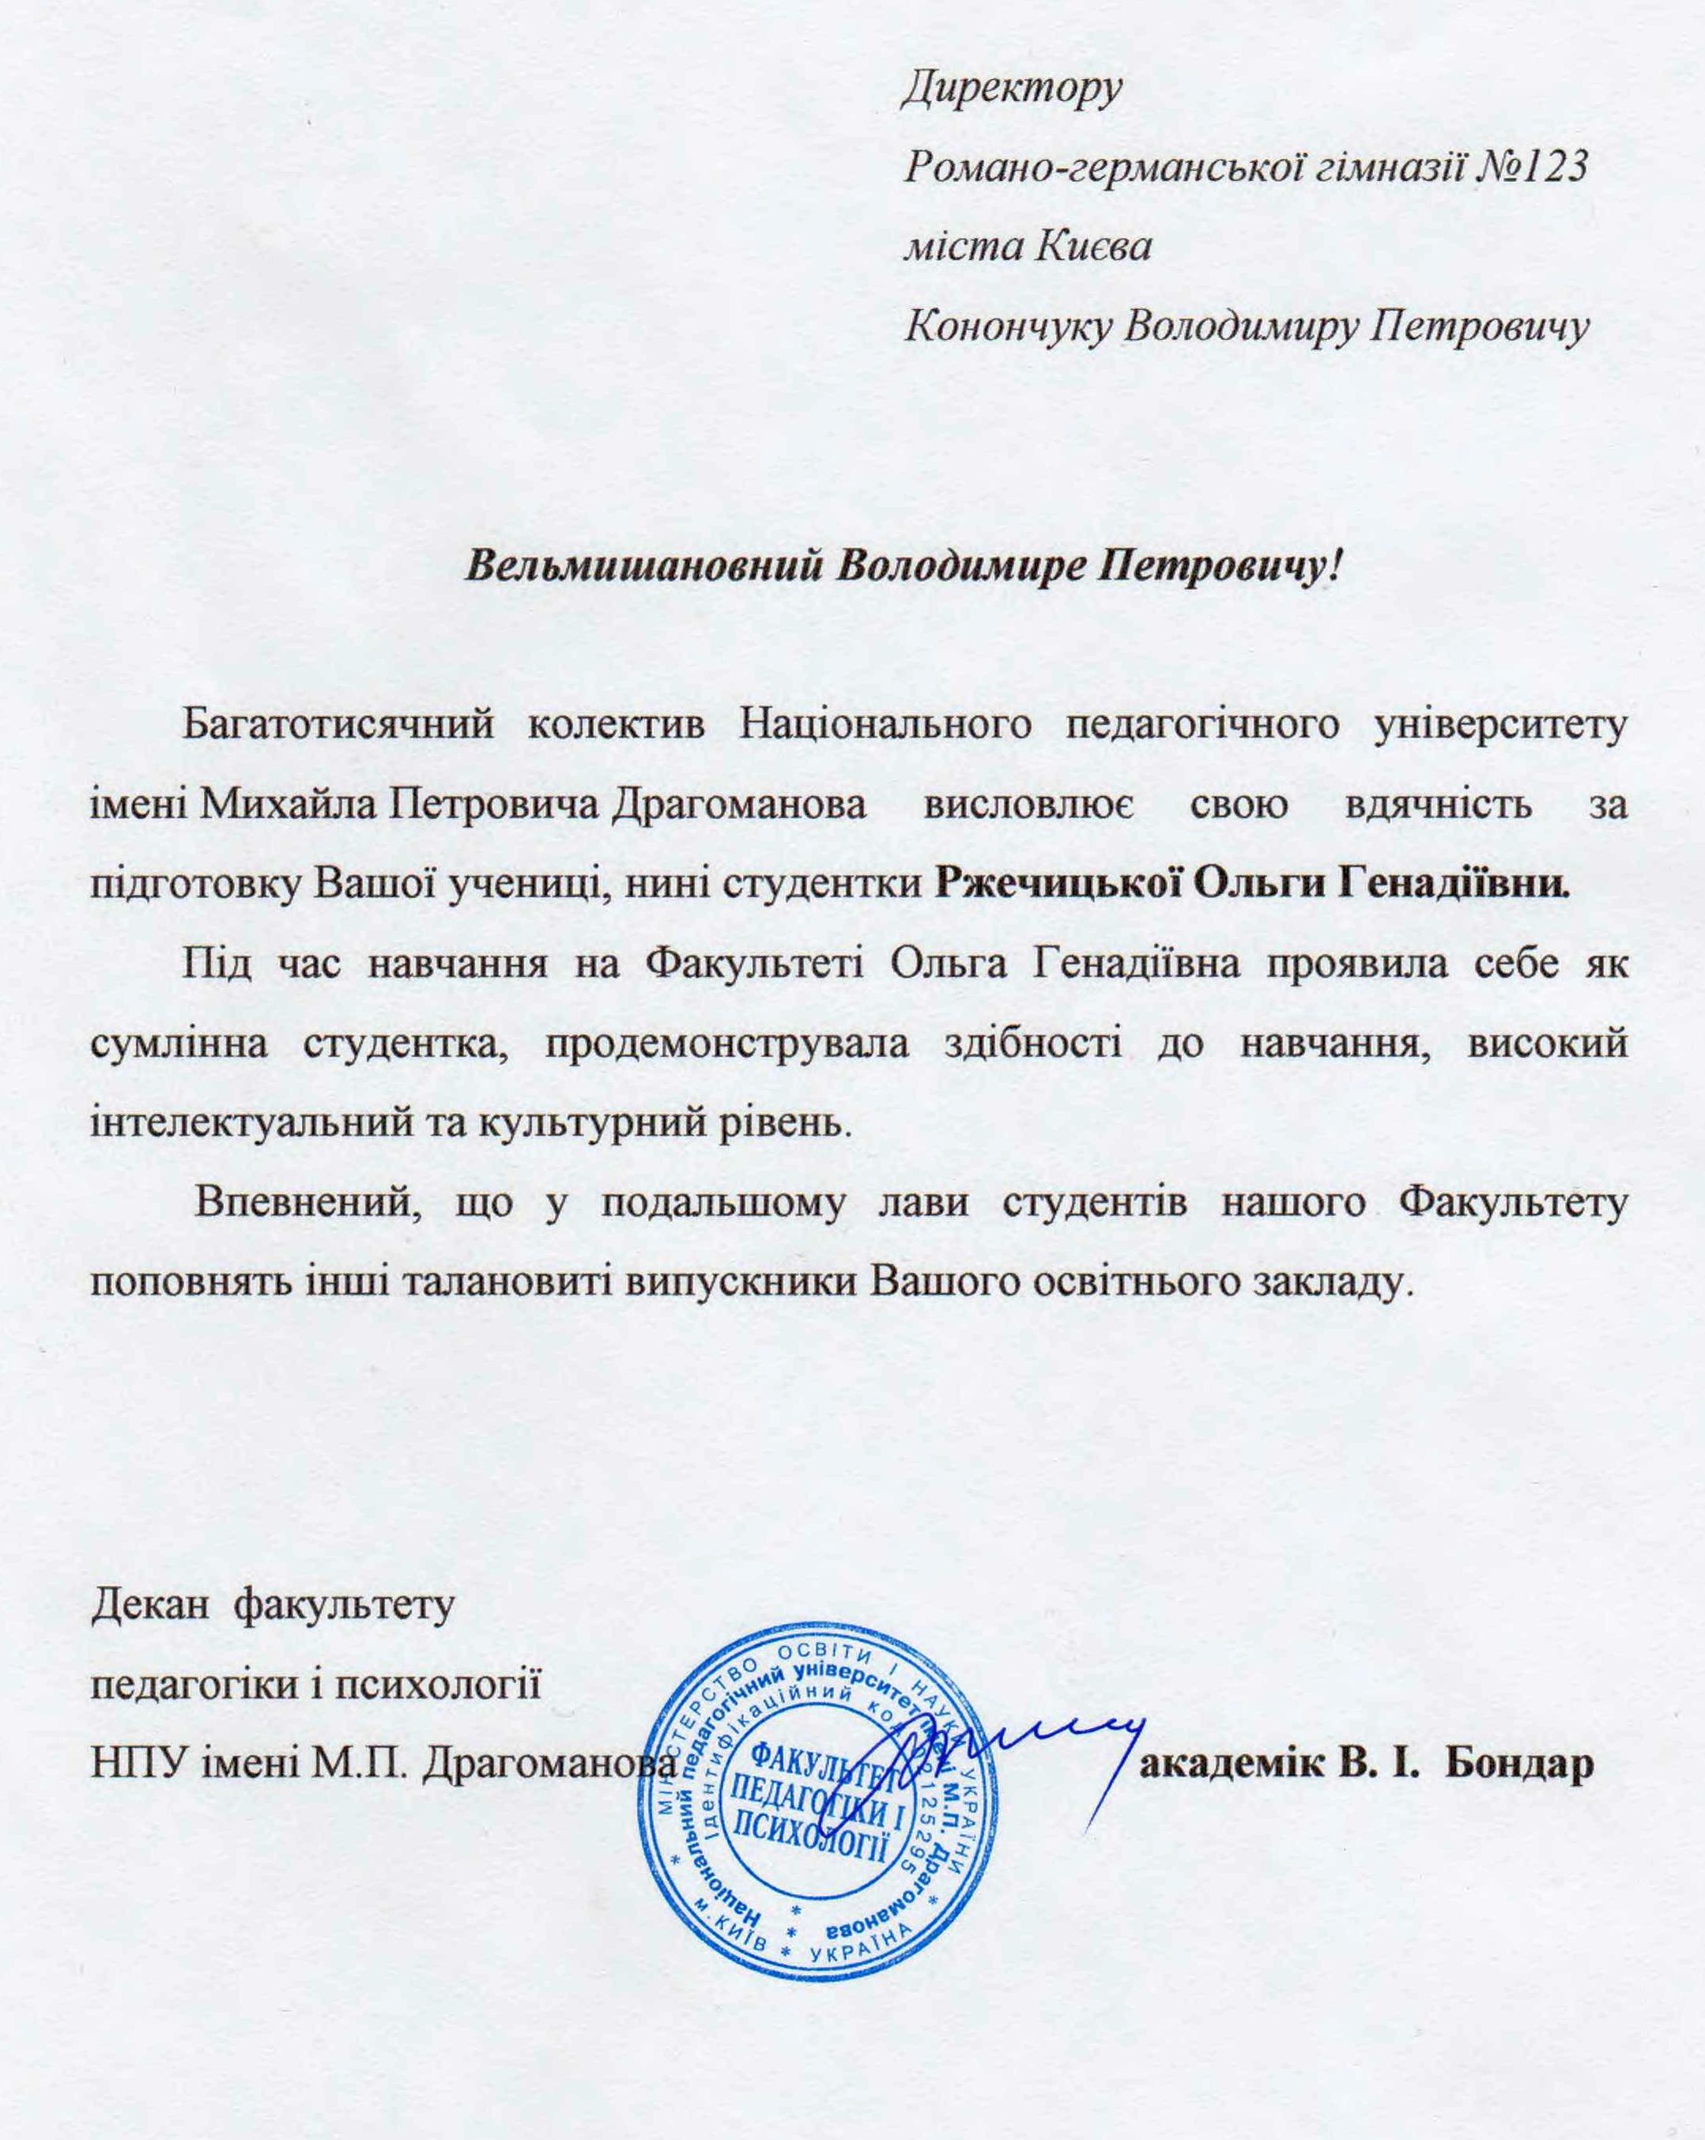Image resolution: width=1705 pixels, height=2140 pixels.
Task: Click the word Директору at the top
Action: click(1011, 90)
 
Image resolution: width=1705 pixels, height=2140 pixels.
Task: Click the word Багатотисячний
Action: click(338, 725)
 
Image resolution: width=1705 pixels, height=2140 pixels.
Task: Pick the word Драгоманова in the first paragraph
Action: click(738, 803)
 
